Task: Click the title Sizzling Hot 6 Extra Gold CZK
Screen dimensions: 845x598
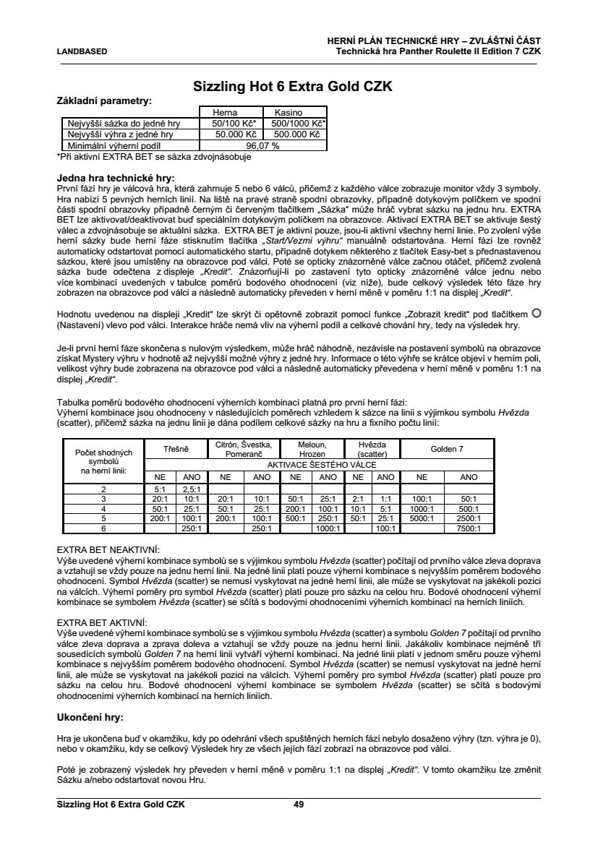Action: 293,87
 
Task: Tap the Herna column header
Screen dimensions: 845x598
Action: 223,113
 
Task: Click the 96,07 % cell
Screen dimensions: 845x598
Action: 262,145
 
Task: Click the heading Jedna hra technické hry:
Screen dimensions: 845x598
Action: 116,177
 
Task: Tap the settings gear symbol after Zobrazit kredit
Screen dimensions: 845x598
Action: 536,312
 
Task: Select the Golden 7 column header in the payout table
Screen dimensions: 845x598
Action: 447,449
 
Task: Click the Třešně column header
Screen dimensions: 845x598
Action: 176,449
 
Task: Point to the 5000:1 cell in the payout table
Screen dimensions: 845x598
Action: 422,518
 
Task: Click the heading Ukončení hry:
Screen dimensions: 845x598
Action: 90,718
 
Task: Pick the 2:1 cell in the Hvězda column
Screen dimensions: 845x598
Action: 356,499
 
